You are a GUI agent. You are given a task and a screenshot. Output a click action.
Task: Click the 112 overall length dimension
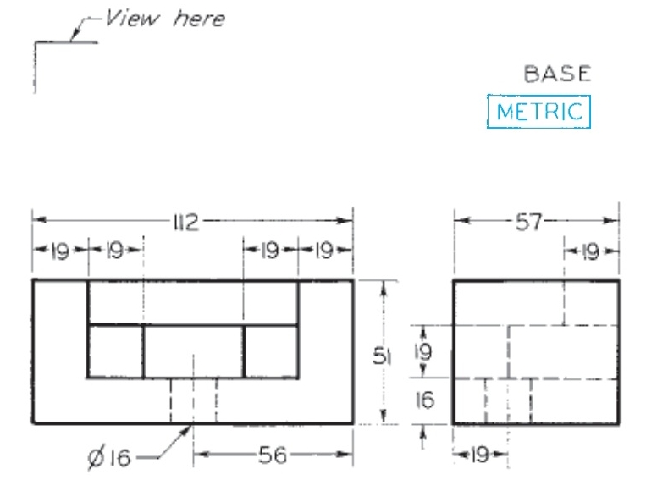coord(185,223)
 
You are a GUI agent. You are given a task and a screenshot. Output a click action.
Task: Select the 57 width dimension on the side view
coord(536,223)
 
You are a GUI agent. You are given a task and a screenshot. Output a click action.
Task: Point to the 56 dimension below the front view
coord(272,457)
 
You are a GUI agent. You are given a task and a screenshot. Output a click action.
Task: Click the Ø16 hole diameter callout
coord(110,458)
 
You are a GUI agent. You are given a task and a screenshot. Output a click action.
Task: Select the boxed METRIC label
coord(538,112)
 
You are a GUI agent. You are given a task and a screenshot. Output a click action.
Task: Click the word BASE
coord(556,74)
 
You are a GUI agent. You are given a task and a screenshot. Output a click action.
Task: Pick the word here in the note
coord(199,19)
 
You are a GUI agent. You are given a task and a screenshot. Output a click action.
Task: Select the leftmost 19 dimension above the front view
coord(59,251)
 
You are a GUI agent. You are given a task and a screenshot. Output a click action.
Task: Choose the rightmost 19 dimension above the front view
coord(325,251)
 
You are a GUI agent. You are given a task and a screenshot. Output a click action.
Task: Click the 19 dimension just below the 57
coord(591,251)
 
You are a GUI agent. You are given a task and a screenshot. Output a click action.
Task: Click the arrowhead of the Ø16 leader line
coord(188,430)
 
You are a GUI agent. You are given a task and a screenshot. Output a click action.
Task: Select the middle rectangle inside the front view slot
coord(193,351)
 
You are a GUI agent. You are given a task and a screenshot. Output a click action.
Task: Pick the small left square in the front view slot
coord(115,351)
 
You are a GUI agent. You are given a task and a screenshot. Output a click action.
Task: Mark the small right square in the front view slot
coord(271,351)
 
